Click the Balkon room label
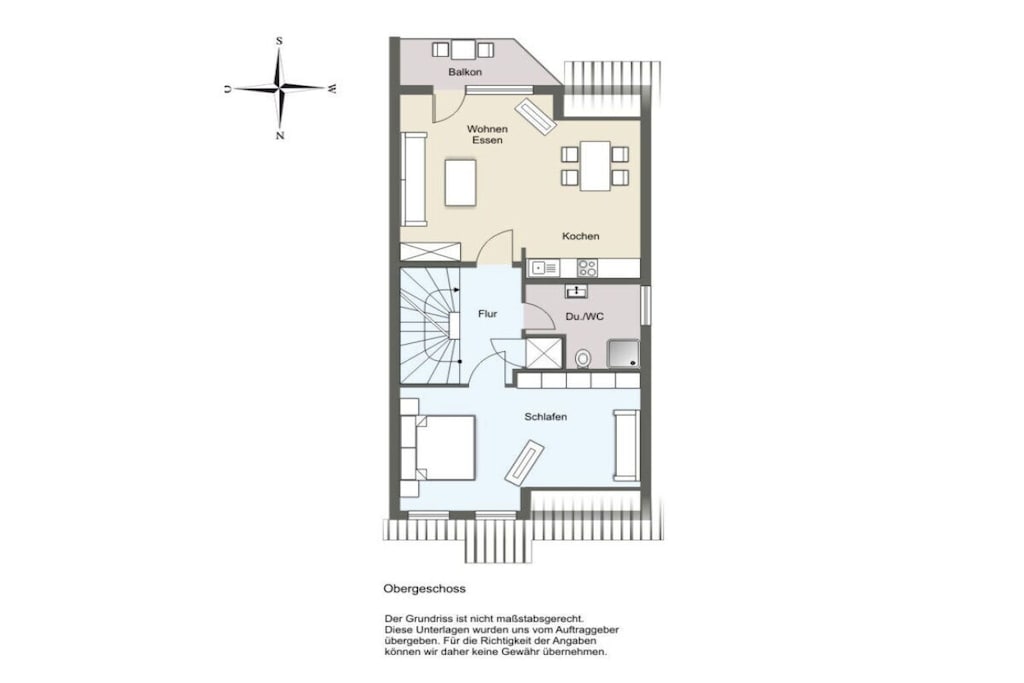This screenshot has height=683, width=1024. coord(465,72)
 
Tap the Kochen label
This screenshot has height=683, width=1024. coord(581,236)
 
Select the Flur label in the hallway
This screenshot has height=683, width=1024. coord(487,314)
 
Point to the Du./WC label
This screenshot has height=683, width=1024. coord(584,317)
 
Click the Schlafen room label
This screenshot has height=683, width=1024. coord(545,417)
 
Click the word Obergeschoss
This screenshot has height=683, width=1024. coord(424,588)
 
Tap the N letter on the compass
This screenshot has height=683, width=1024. coord(280,136)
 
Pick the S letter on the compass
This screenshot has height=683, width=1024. coord(280,41)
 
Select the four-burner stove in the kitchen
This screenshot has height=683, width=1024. coord(587,268)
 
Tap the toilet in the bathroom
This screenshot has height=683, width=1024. coord(583,358)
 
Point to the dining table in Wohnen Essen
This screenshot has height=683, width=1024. coord(595,166)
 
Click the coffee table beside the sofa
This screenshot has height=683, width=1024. coord(461,182)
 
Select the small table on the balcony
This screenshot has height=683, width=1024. coord(462,49)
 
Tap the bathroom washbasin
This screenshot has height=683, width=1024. coord(576,291)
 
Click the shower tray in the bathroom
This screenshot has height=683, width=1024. coord(623,354)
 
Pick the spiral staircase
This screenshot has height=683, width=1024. coord(430,325)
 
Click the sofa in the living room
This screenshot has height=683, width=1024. coord(414,178)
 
